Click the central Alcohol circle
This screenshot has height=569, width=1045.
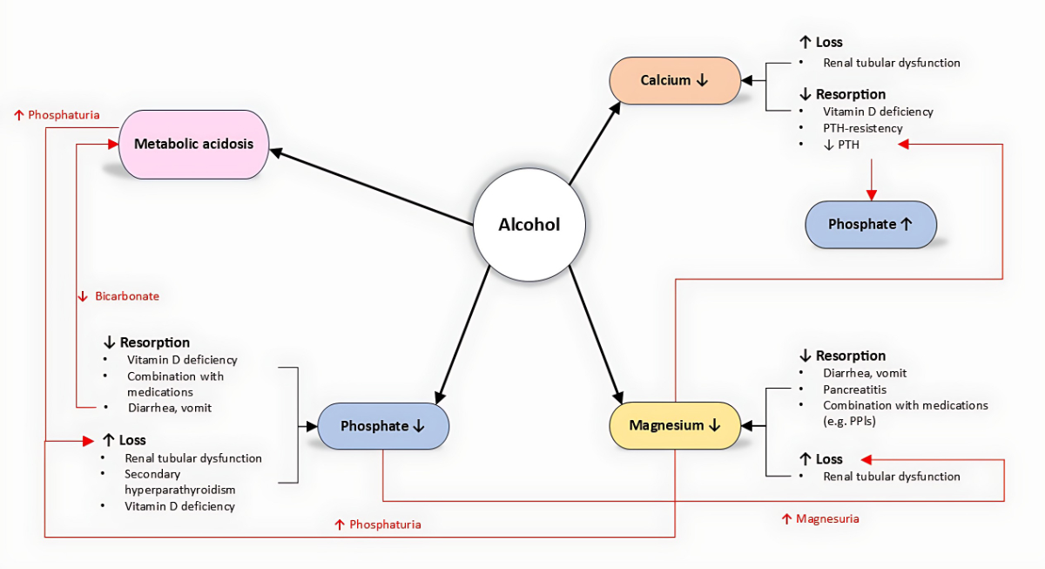[x=529, y=225]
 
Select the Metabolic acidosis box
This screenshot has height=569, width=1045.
[x=193, y=144]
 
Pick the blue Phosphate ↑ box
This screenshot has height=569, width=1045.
[x=870, y=224]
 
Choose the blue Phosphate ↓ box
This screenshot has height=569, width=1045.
[x=382, y=426]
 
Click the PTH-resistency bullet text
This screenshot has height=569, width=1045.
[x=862, y=128]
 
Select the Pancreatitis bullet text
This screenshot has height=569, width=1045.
[x=854, y=389]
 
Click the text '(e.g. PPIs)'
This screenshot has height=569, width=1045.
[x=849, y=422]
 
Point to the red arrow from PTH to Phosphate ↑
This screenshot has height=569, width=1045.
[x=870, y=179]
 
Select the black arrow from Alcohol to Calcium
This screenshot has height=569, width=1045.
[x=595, y=144]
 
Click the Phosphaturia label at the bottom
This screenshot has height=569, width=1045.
[x=378, y=525]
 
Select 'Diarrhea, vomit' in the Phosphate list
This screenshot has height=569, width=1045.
[x=169, y=408]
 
